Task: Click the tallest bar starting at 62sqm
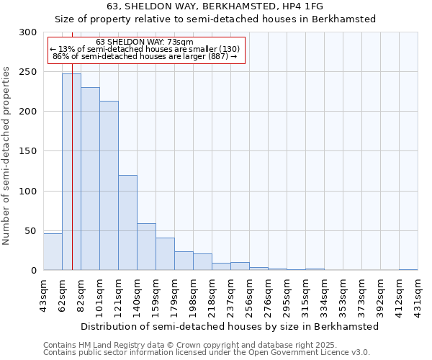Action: [71, 172]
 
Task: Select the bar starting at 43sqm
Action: [53, 252]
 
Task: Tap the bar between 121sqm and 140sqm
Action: [127, 222]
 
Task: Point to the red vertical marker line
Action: [73, 144]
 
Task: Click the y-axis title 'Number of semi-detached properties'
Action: [7, 156]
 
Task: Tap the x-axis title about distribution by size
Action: [230, 326]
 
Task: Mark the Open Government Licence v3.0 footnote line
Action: [206, 352]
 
